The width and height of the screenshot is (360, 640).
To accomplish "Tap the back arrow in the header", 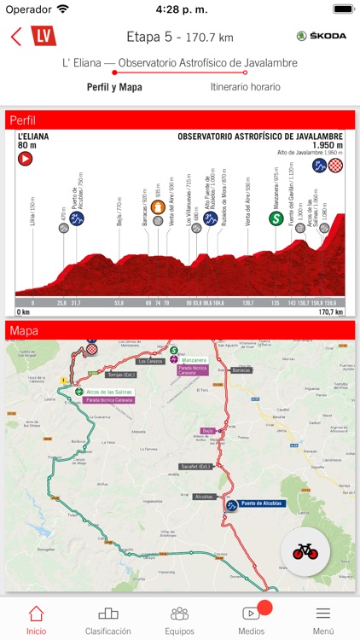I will pyautogui.click(x=16, y=37).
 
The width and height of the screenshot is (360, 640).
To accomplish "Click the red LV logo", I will pyautogui.click(x=43, y=36).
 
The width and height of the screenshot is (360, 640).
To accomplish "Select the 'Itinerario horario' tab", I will pyautogui.click(x=245, y=86).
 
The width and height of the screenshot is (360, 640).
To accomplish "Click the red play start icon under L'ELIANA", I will pyautogui.click(x=25, y=158).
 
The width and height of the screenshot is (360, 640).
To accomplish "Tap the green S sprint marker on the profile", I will pyautogui.click(x=276, y=218).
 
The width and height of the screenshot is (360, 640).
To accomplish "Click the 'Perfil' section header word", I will pyautogui.click(x=23, y=120).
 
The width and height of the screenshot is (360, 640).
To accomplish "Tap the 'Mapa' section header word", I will pyautogui.click(x=24, y=330).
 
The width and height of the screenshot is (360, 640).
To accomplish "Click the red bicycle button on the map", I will pyautogui.click(x=305, y=550).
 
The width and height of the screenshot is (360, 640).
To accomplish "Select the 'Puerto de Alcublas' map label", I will pyautogui.click(x=265, y=504).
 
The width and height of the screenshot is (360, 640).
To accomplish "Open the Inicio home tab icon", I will pyautogui.click(x=36, y=614).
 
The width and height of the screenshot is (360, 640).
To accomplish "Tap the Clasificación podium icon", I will pyautogui.click(x=107, y=613).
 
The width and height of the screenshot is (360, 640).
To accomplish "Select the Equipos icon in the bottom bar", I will pyautogui.click(x=179, y=613).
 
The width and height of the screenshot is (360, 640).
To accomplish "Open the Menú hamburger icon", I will pyautogui.click(x=322, y=613).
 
